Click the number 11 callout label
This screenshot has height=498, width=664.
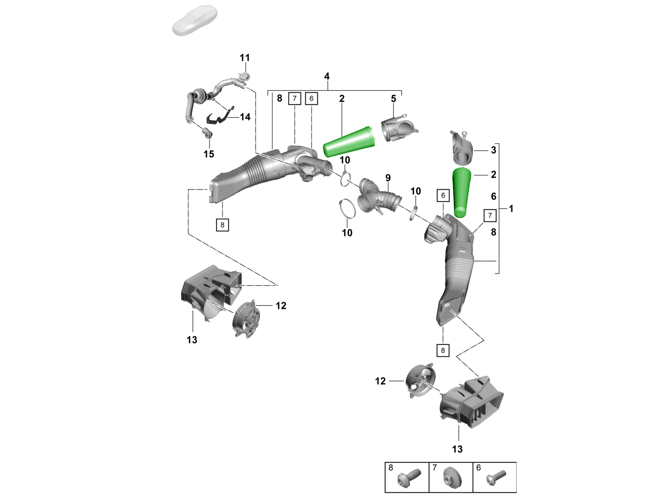tap(245, 58)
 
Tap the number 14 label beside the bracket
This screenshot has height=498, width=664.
tap(245, 117)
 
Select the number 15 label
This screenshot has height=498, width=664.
tap(209, 154)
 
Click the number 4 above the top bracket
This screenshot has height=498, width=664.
tap(327, 76)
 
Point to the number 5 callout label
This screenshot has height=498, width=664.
tap(393, 99)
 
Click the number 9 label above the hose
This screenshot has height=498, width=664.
tap(388, 178)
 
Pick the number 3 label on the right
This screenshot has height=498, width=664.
tap(493, 150)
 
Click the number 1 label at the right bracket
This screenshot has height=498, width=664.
tap(511, 209)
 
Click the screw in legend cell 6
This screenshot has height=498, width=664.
tap(496, 477)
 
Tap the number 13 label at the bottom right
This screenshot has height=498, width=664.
tap(457, 449)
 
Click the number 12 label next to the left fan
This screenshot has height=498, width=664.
tap(281, 306)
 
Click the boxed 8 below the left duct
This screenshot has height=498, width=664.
tap(222, 225)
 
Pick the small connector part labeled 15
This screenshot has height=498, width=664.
tap(207, 133)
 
